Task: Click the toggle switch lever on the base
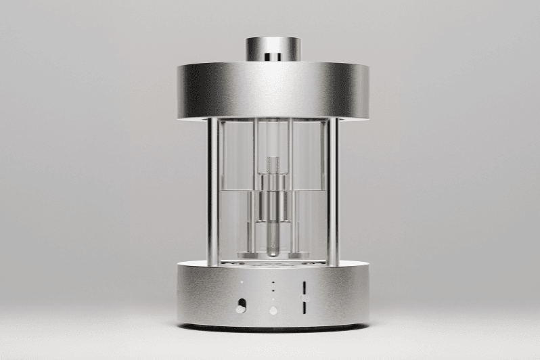(240, 308)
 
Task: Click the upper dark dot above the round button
(273, 282)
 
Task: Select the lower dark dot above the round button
(273, 289)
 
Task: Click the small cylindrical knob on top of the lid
(273, 47)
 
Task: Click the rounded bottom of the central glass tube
(272, 252)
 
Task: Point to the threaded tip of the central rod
(272, 162)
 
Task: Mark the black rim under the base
(273, 328)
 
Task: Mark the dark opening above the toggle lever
(241, 302)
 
